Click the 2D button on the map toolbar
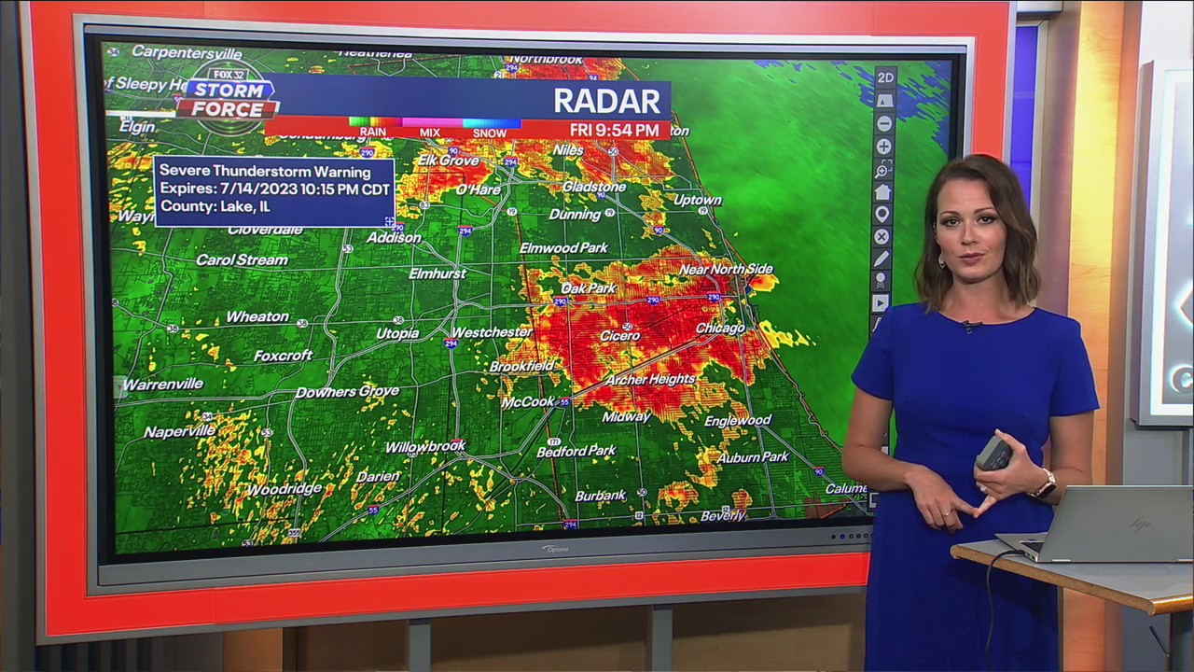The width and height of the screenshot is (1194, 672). click(x=884, y=77)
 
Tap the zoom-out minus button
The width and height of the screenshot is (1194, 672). click(x=883, y=123)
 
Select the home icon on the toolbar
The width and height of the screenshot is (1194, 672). click(x=882, y=192)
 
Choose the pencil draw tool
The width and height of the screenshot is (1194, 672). click(x=882, y=259)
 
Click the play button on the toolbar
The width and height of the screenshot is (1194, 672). click(x=881, y=303)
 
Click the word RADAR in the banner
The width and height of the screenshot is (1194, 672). click(x=606, y=100)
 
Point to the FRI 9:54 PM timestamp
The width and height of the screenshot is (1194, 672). click(x=614, y=131)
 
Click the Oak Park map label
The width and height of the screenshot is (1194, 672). click(x=589, y=288)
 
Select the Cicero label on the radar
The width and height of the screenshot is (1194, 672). click(x=620, y=335)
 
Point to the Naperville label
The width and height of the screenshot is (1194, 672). click(x=179, y=432)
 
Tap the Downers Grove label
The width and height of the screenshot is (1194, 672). click(x=347, y=392)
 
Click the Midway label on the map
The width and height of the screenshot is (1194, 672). click(x=626, y=416)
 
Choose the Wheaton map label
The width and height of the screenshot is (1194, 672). click(x=257, y=317)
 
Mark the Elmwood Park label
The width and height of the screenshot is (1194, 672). click(x=563, y=248)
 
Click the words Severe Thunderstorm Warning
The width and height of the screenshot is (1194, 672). click(x=265, y=172)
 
